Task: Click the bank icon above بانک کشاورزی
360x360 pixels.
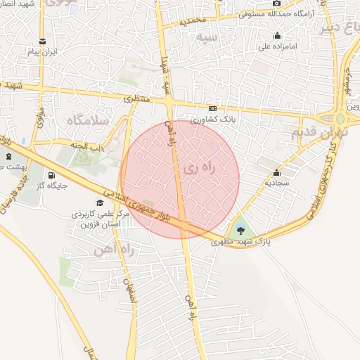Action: pos(212,108)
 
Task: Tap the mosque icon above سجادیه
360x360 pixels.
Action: pos(276,173)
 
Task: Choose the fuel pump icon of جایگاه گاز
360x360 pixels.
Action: pos(51,175)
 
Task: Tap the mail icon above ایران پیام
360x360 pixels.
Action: pos(43,41)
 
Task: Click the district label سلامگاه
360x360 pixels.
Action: pos(87,120)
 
